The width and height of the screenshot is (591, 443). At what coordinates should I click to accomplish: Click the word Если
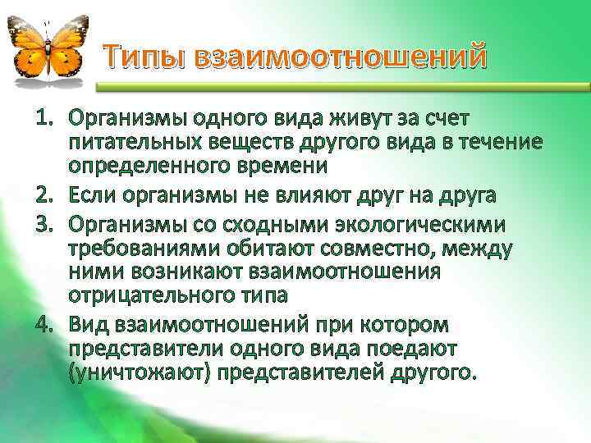coord(94,194)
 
